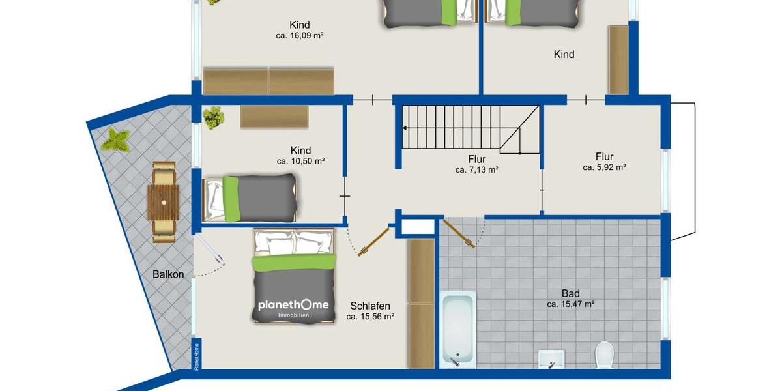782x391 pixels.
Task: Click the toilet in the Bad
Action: click(604, 356)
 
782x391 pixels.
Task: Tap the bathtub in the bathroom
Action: click(457, 329)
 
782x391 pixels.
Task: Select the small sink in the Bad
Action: click(551, 358)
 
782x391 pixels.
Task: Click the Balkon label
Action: click(169, 274)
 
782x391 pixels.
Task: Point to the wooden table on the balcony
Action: click(163, 202)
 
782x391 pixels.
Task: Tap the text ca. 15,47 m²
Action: click(570, 304)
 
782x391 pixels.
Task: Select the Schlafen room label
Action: click(370, 306)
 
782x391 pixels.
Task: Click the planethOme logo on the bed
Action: click(293, 306)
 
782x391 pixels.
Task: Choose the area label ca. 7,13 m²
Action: click(476, 170)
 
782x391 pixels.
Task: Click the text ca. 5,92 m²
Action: click(604, 167)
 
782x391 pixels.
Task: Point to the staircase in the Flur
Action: click(469, 128)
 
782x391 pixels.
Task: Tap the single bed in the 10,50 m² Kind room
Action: click(251, 197)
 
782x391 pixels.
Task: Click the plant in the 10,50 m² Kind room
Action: click(213, 118)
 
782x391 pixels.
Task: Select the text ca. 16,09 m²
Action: click(300, 36)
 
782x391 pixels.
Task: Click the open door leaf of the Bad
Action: click(459, 233)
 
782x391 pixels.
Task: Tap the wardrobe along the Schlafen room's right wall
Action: click(421, 303)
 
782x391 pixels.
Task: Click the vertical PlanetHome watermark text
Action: click(196, 356)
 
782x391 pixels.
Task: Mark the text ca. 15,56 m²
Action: click(370, 317)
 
